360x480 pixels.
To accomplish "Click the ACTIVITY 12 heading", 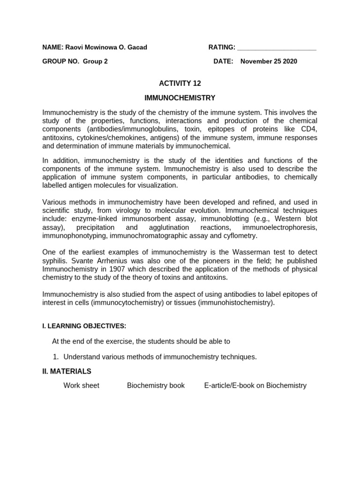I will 180,83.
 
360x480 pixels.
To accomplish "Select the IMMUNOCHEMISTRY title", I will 180,98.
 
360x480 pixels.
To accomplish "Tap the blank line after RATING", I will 277,48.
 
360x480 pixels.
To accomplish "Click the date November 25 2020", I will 269,61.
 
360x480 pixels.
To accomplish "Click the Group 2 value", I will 95,61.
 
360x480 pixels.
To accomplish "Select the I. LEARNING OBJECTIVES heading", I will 84,326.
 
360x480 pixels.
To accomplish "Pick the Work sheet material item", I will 82,385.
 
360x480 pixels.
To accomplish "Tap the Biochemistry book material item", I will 156,385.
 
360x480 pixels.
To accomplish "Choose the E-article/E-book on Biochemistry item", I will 255,385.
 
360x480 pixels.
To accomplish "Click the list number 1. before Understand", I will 56,357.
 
